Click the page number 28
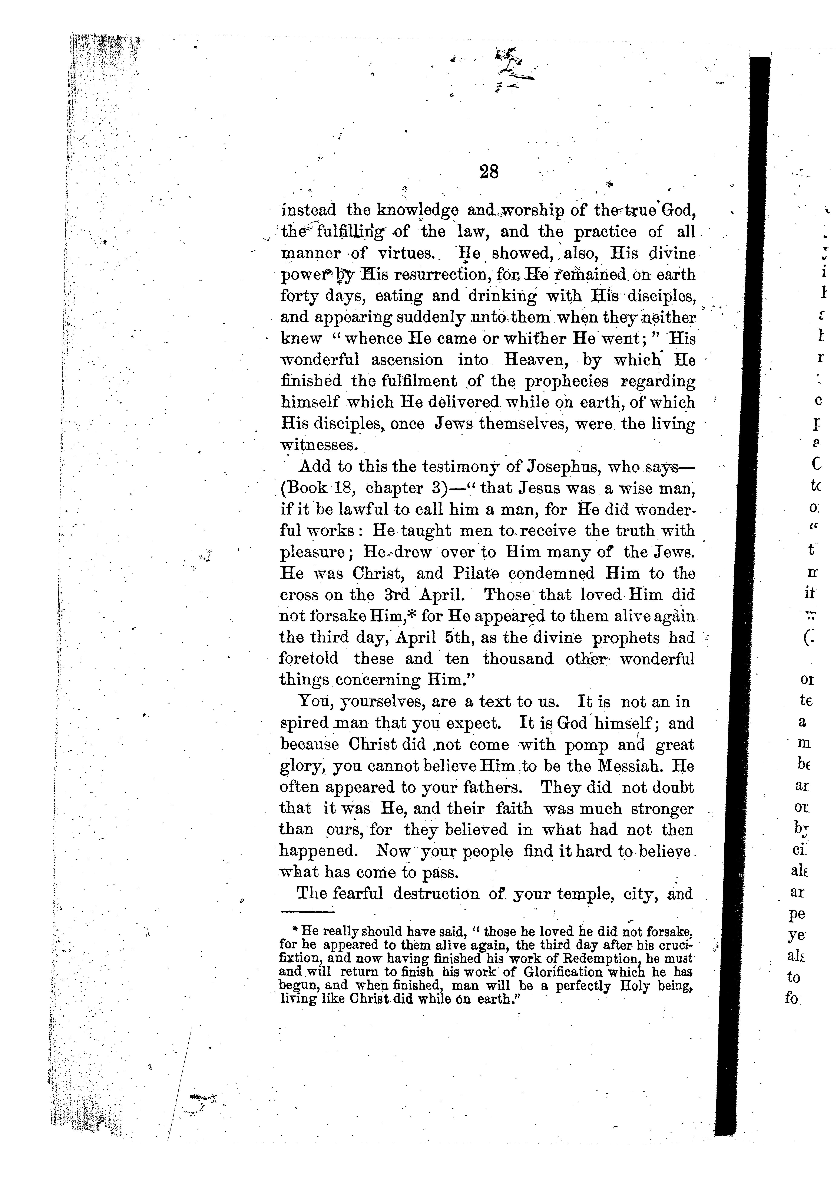pos(489,172)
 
